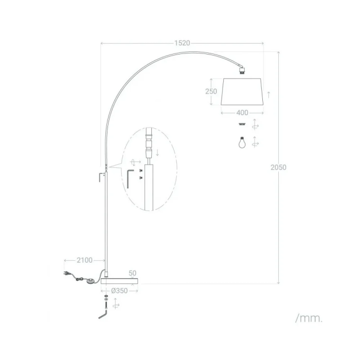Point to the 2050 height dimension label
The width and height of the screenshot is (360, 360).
click(x=278, y=167)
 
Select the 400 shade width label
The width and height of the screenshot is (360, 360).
click(x=242, y=112)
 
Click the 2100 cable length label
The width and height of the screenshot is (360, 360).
click(x=84, y=260)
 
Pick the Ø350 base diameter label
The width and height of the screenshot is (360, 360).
click(x=119, y=291)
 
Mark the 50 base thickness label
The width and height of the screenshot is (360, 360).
click(x=132, y=273)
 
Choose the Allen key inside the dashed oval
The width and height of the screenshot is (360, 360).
click(x=130, y=178)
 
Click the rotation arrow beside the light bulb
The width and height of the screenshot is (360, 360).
click(x=256, y=142)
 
